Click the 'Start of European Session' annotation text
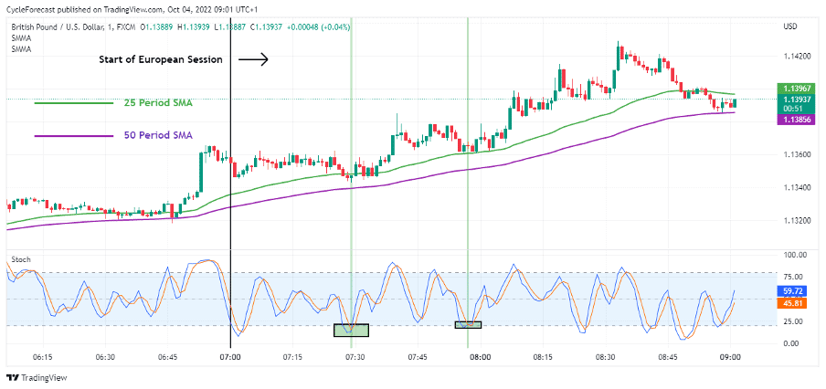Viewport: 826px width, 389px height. [162, 60]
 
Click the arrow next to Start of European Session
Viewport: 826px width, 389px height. [253, 60]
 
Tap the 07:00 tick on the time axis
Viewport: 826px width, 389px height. [229, 358]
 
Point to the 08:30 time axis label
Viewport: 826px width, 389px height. [605, 358]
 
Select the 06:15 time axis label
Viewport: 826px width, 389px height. [42, 358]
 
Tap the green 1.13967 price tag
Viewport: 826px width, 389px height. [793, 88]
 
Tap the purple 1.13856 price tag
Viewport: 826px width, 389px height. [793, 120]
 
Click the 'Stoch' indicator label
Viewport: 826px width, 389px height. [21, 260]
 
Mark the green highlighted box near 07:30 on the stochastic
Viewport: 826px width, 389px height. [351, 330]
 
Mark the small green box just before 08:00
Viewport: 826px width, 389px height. [468, 325]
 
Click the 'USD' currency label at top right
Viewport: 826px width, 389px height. [790, 26]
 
